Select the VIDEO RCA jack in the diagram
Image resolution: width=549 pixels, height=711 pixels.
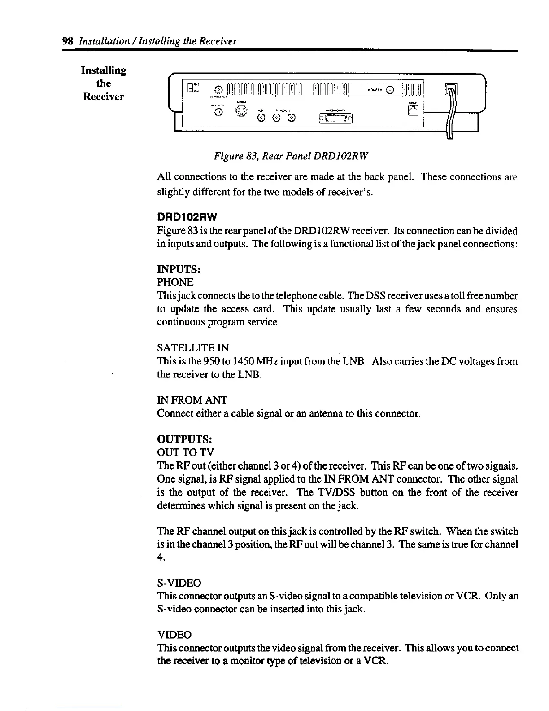261,118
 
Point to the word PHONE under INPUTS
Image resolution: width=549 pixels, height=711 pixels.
175,282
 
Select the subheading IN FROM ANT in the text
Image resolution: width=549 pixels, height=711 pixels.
192,400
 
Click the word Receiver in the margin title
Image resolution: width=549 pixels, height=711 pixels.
104,97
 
